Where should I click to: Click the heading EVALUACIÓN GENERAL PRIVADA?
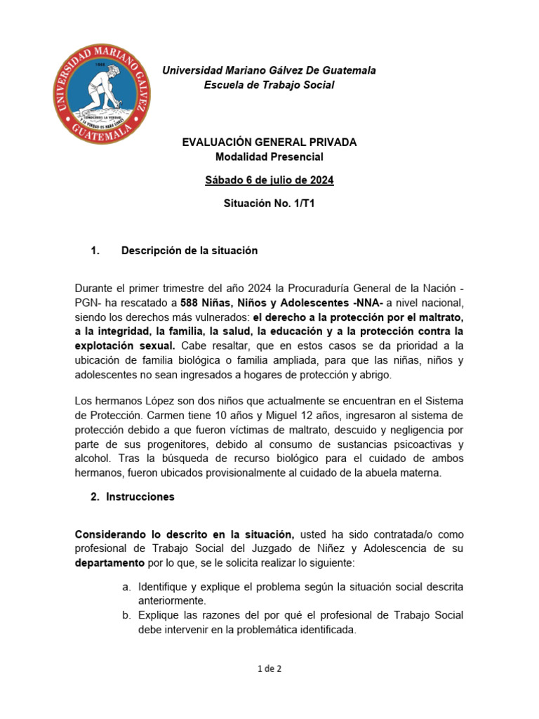pos(269,142)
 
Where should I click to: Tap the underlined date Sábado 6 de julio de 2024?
pos(269,180)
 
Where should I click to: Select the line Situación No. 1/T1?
pos(269,205)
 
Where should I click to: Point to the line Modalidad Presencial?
pos(269,157)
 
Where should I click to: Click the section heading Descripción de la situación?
pos(189,251)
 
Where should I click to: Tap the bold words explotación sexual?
pos(124,346)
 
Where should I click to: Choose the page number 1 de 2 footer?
pos(269,669)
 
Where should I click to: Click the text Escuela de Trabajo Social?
pos(269,85)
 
